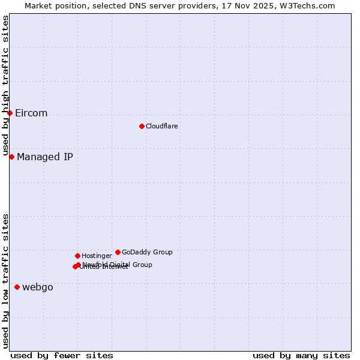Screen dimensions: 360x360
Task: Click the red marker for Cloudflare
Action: (x=142, y=126)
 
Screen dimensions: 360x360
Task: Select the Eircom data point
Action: (x=10, y=113)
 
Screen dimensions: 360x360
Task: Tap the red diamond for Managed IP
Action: (x=11, y=157)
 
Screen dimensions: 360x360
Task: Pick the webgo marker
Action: (x=17, y=287)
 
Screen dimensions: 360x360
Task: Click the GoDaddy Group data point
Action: (x=118, y=252)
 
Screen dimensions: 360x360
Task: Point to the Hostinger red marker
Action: (x=77, y=256)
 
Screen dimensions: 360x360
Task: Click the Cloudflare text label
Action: (x=161, y=126)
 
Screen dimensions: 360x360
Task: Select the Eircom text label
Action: (x=31, y=113)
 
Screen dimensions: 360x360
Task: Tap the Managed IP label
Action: (x=45, y=157)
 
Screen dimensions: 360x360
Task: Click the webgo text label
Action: (x=38, y=287)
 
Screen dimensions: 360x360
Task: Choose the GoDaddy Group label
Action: (x=147, y=252)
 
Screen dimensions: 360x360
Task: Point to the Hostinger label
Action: (x=97, y=256)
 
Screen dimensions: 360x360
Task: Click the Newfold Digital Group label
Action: (x=118, y=265)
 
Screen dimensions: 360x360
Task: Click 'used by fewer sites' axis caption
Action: (x=62, y=355)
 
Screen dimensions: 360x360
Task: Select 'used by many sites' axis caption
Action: (x=301, y=355)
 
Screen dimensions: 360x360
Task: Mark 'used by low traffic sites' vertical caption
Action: (x=5, y=280)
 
